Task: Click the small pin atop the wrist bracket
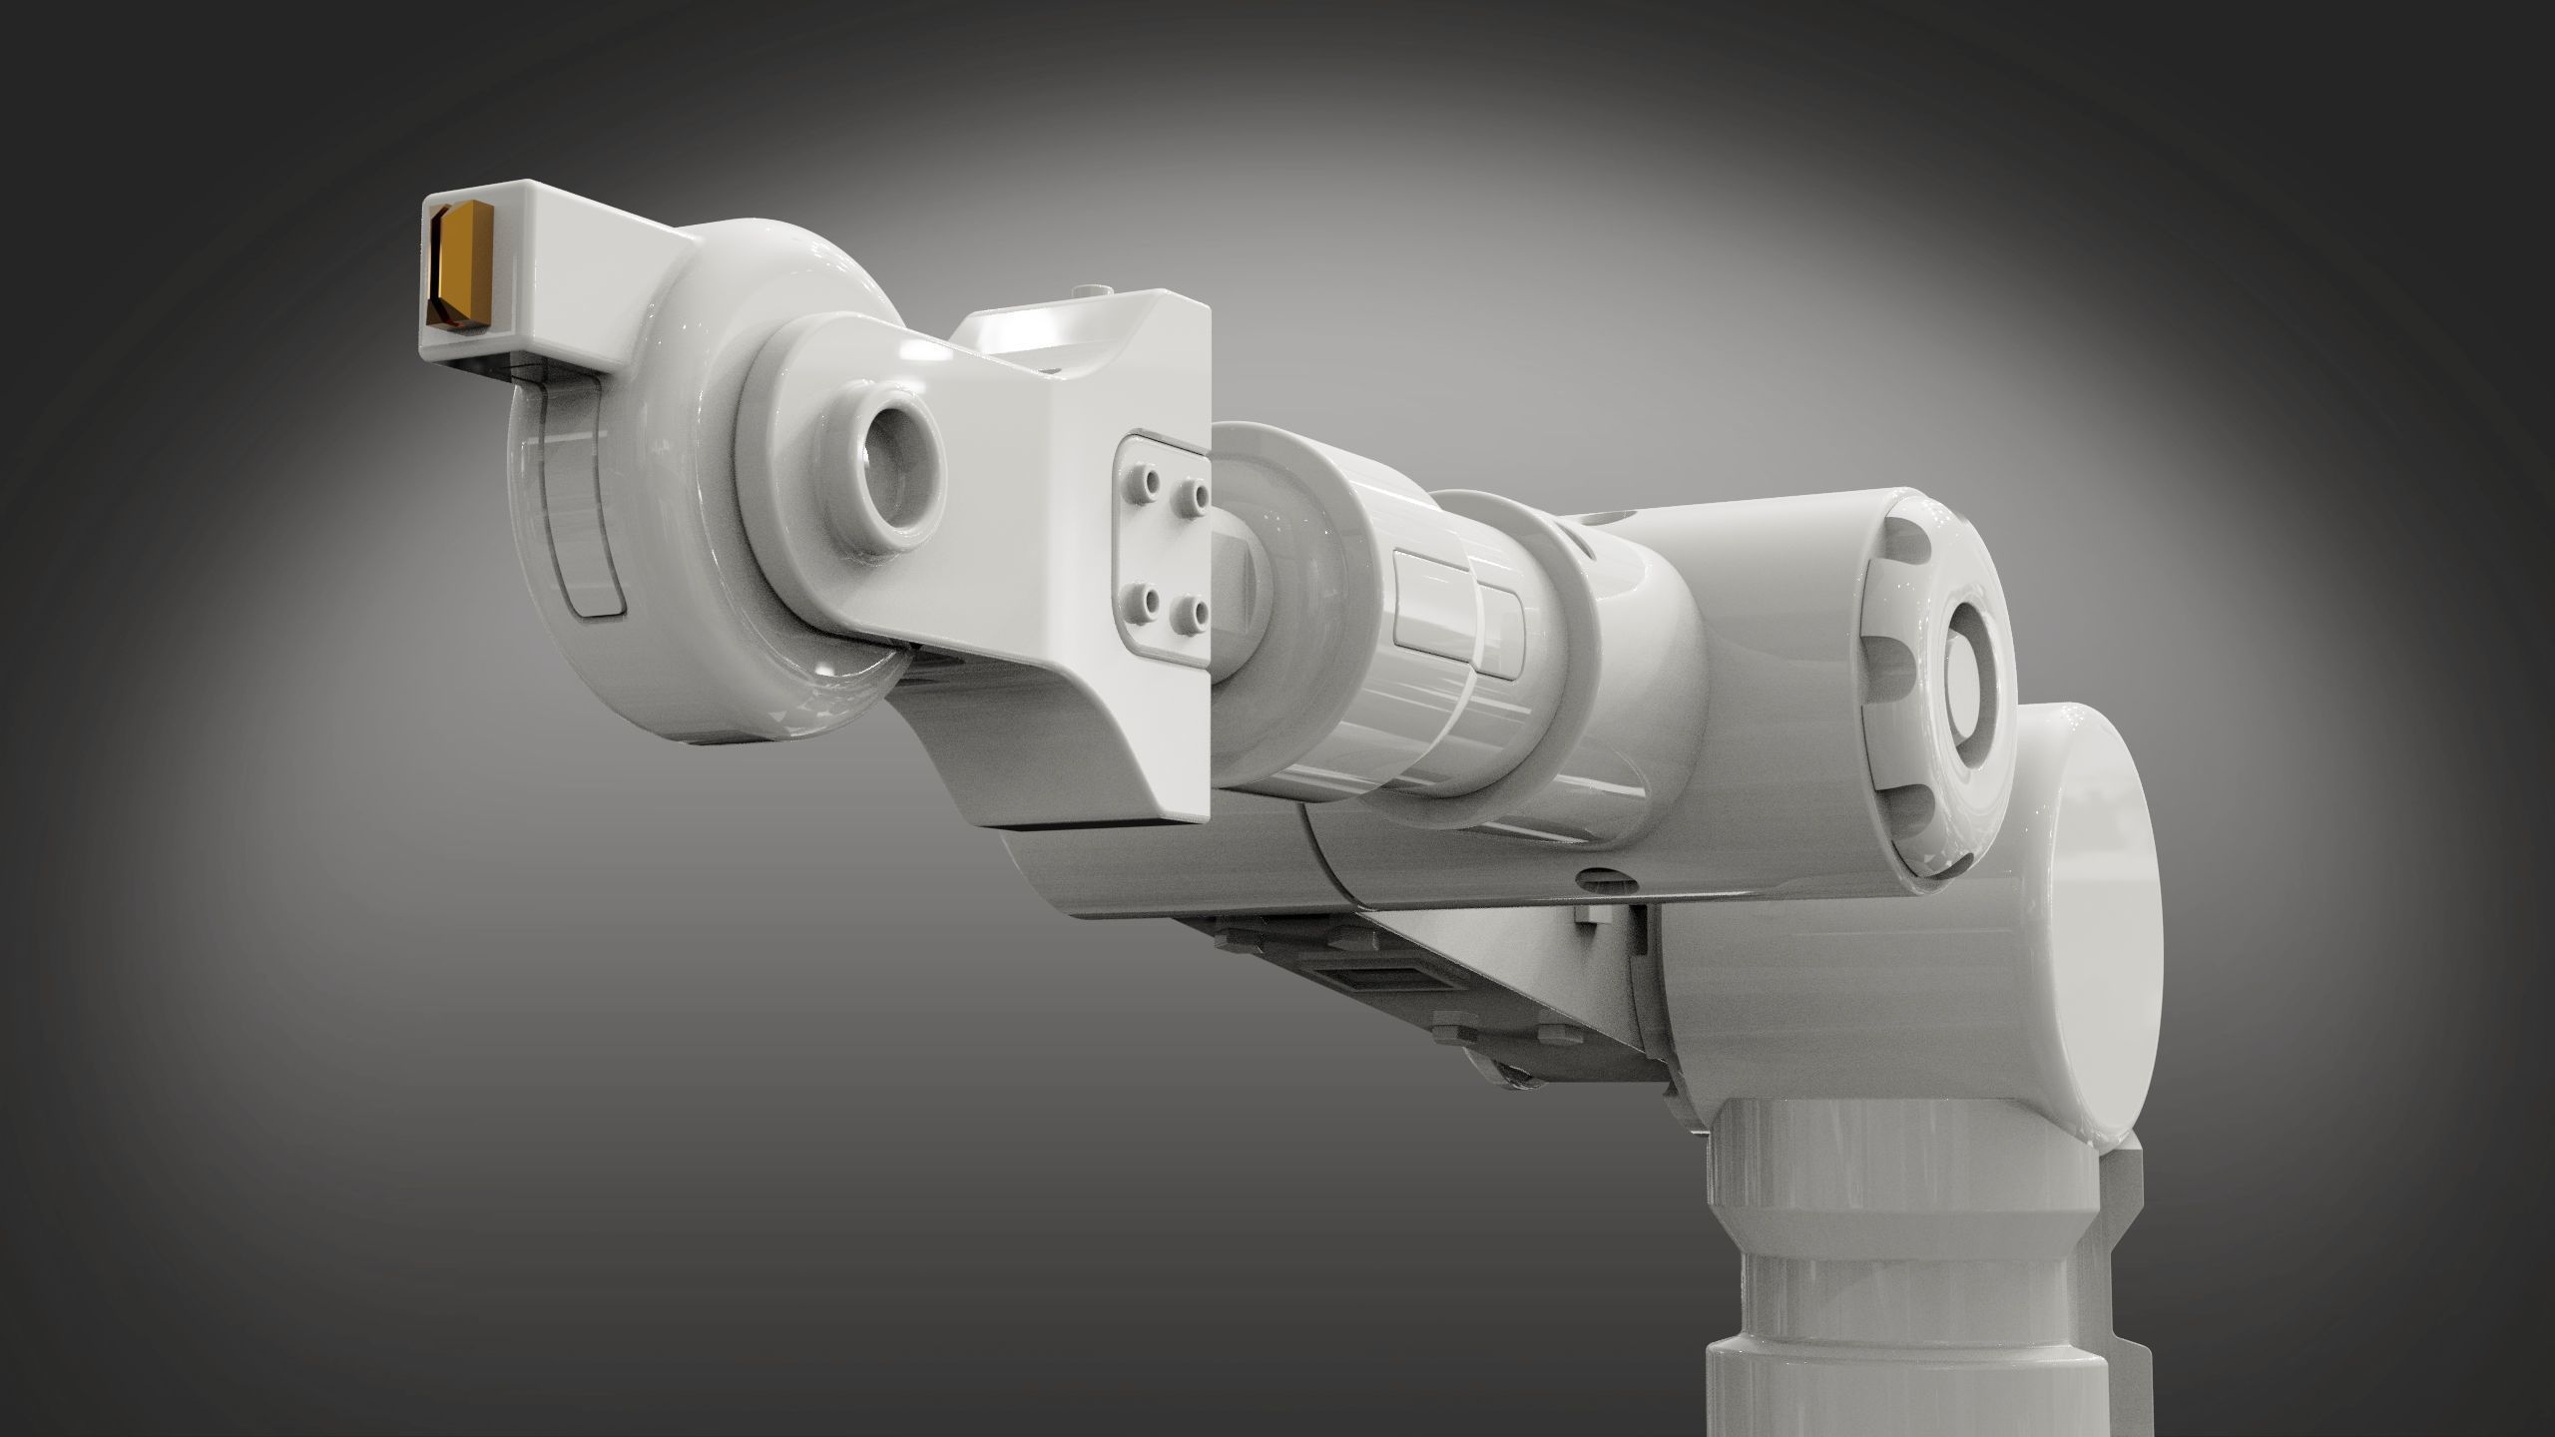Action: pos(1100,288)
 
